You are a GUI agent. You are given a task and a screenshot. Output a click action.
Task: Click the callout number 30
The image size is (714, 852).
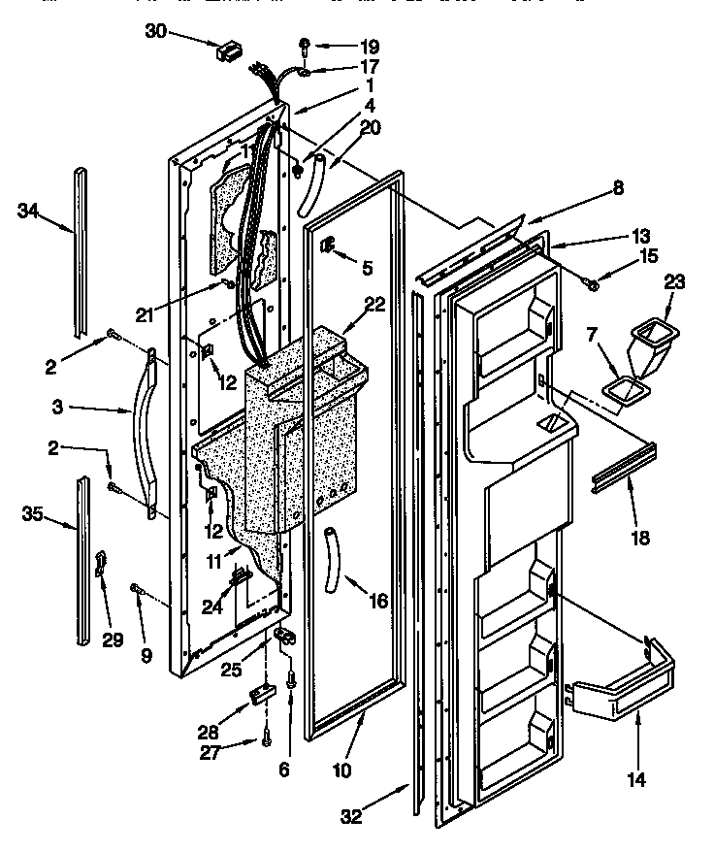point(157,31)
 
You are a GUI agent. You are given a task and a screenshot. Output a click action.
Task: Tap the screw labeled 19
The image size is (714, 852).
point(304,44)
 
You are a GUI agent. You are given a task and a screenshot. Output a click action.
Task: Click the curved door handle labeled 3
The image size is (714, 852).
point(141,427)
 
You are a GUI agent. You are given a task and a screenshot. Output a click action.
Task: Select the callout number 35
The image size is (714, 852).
point(33,513)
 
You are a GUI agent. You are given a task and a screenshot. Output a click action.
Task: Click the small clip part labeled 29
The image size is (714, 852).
point(102,565)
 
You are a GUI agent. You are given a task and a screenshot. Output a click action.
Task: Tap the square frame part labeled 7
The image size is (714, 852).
point(620,391)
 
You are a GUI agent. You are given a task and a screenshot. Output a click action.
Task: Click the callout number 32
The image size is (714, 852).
point(351,818)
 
